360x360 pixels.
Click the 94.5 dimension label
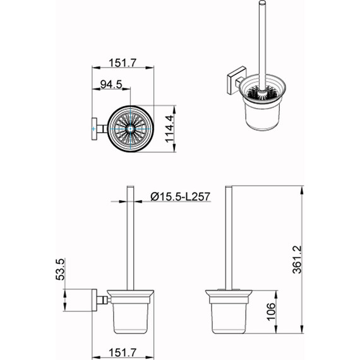(x=111, y=84)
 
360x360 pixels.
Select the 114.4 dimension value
(x=171, y=129)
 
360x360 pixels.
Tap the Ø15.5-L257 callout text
(x=180, y=197)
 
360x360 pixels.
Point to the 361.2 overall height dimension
(x=297, y=260)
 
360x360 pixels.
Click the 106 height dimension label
(x=271, y=311)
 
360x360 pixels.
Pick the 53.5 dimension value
(x=61, y=269)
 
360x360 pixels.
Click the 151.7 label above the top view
(x=123, y=63)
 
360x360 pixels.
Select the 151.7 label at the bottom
(x=123, y=352)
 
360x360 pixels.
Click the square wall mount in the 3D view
(x=236, y=80)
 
